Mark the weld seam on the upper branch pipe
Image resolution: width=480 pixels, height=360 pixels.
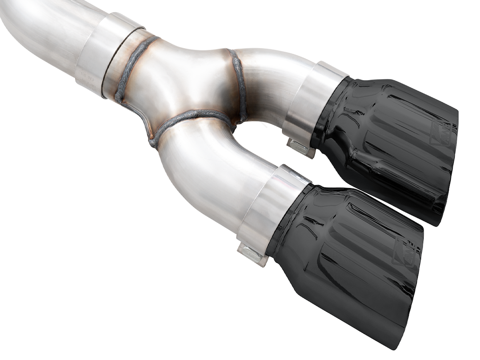point(238,84)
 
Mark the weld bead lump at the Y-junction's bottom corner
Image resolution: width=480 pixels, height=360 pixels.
point(153,142)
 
